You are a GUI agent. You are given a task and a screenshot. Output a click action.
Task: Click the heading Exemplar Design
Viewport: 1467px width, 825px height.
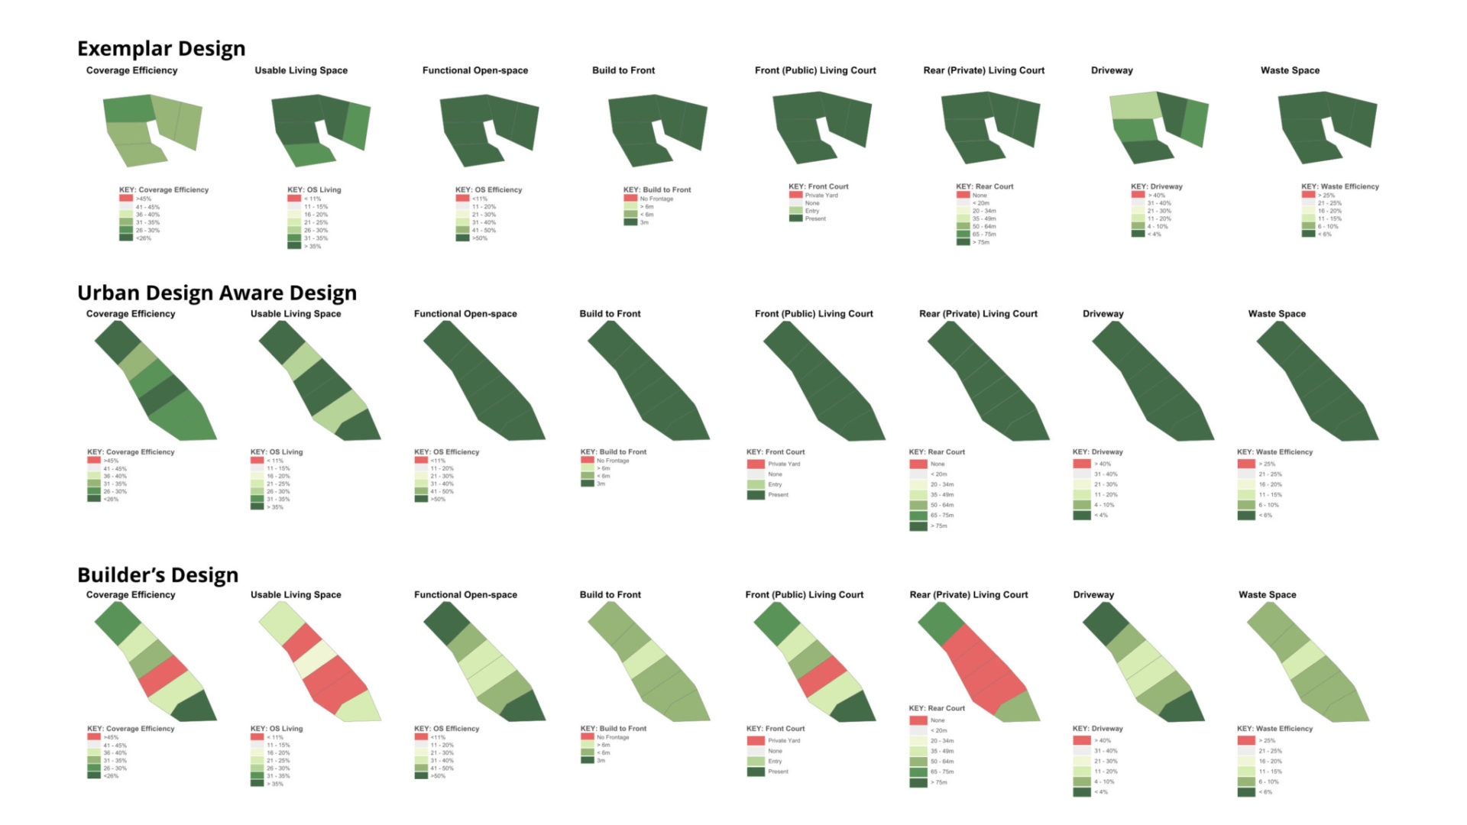coord(161,49)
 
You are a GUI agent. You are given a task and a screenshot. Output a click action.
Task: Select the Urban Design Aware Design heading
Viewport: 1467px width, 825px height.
coord(217,293)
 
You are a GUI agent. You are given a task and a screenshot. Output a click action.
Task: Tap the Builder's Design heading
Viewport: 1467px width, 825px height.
coord(157,575)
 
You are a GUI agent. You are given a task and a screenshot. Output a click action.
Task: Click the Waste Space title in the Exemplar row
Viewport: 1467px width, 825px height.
coord(1290,70)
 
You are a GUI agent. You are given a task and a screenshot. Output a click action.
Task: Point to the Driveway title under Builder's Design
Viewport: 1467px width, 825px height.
coord(1093,595)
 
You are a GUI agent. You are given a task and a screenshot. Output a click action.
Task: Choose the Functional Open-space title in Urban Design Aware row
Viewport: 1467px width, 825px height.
coord(465,314)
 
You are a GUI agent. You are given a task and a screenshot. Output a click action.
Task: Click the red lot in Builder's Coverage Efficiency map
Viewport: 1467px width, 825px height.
coord(163,675)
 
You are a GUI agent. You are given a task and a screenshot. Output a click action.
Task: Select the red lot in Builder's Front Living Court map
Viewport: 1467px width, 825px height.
coord(821,675)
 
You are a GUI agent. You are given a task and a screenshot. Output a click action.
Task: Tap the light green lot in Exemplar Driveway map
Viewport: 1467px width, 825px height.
coord(1135,105)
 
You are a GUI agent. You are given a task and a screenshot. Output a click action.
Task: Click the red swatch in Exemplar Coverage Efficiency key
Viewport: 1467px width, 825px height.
coord(126,199)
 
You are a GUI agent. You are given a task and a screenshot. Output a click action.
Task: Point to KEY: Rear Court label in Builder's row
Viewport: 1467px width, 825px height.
coord(937,708)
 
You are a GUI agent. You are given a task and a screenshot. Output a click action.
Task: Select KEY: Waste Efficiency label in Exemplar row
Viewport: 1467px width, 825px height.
coord(1340,186)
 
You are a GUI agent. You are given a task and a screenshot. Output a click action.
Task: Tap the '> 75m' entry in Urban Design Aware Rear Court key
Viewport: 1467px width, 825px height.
coord(938,526)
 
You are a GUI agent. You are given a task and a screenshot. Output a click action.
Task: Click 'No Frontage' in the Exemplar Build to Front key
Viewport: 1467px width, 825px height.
coord(656,199)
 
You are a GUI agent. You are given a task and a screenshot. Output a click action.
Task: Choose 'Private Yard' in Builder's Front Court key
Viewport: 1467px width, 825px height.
coord(784,740)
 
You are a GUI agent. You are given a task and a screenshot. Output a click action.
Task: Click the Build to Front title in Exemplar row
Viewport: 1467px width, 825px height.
coord(623,70)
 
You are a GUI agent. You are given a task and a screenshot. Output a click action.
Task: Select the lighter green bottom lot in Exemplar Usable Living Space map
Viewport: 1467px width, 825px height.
coord(309,155)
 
